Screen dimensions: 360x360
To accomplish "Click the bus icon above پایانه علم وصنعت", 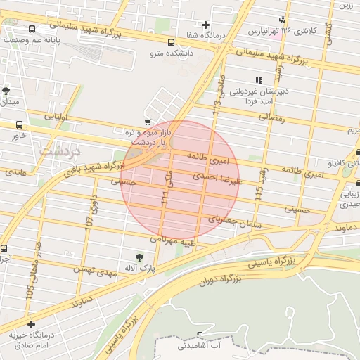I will (32, 30).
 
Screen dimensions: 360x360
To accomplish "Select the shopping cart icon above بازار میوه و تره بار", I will (147, 122).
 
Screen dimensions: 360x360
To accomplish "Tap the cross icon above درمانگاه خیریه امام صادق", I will (30, 324).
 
